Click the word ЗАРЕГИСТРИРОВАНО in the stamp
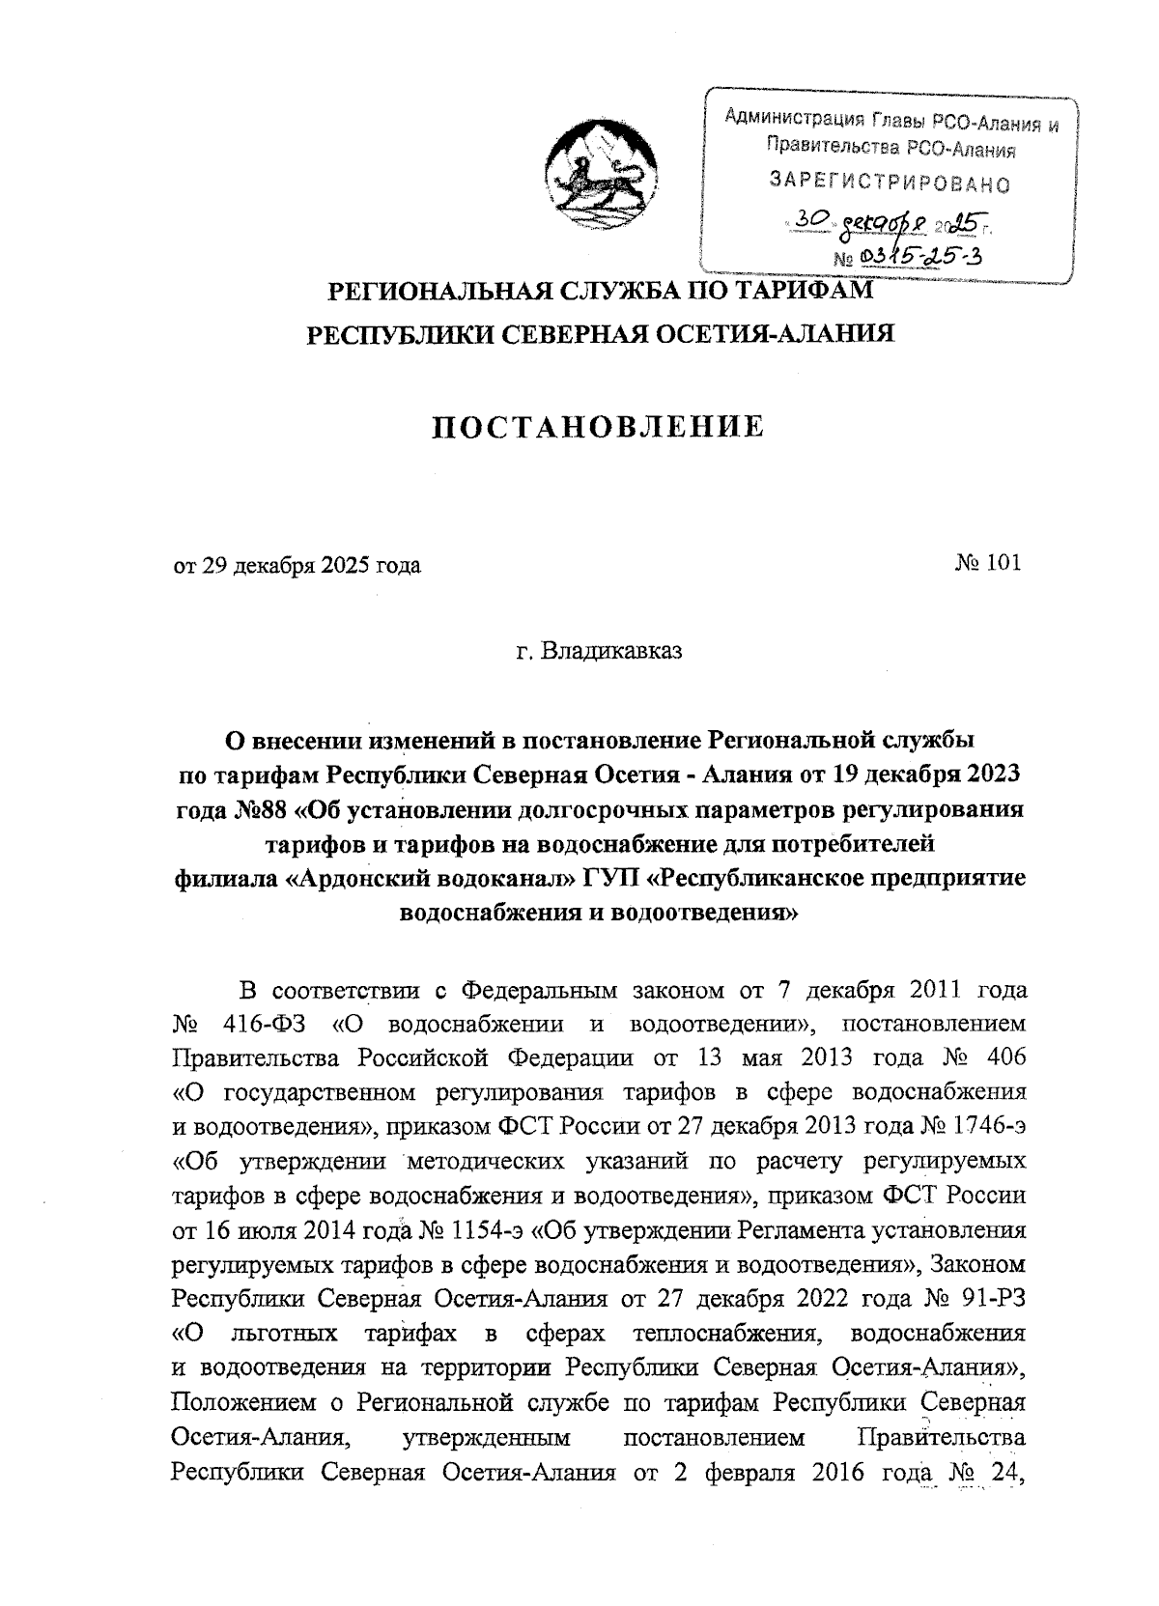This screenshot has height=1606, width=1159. pos(889,181)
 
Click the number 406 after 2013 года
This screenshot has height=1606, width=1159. pos(1001,1057)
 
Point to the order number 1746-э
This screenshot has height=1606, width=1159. pos(988,1126)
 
